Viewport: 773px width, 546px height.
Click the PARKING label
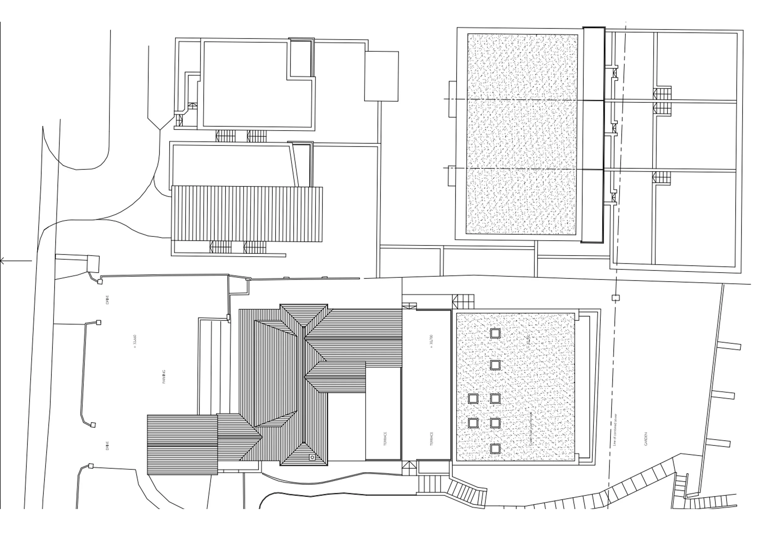tap(164, 377)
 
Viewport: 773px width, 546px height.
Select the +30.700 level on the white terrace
tap(432, 341)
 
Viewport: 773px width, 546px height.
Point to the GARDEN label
tap(646, 439)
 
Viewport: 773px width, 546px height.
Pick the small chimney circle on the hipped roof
tap(312, 457)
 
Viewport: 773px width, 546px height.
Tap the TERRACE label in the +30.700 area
tap(432, 439)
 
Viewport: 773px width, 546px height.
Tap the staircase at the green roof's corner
tap(463, 301)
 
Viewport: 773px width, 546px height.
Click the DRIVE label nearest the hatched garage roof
tap(108, 446)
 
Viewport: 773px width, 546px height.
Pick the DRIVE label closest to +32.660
tap(107, 299)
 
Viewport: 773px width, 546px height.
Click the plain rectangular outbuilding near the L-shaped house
tap(382, 76)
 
